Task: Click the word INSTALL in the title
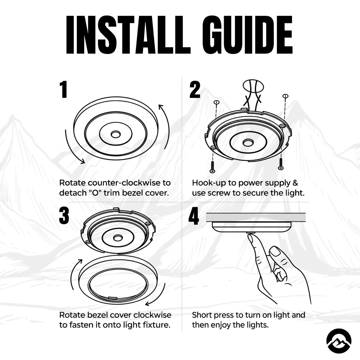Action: pos(128,35)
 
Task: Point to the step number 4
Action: pos(193,216)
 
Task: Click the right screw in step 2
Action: pos(280,164)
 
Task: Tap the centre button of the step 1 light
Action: pos(115,134)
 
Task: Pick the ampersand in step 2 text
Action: pos(295,183)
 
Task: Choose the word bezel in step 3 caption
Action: pos(99,315)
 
